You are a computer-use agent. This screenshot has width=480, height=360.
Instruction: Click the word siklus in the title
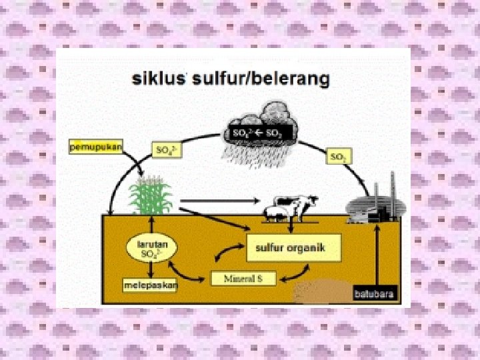(x=158, y=79)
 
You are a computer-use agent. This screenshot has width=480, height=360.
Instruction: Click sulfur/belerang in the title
(x=261, y=80)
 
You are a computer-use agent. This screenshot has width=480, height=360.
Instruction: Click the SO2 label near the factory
(x=339, y=157)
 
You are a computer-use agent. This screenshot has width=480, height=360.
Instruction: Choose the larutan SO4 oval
(x=152, y=247)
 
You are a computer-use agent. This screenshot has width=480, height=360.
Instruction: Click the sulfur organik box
(x=294, y=247)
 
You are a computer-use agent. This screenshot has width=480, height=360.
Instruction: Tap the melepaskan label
(x=151, y=285)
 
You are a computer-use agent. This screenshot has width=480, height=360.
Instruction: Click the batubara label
(x=374, y=293)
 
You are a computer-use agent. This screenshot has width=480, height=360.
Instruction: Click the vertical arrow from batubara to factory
(x=378, y=257)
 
